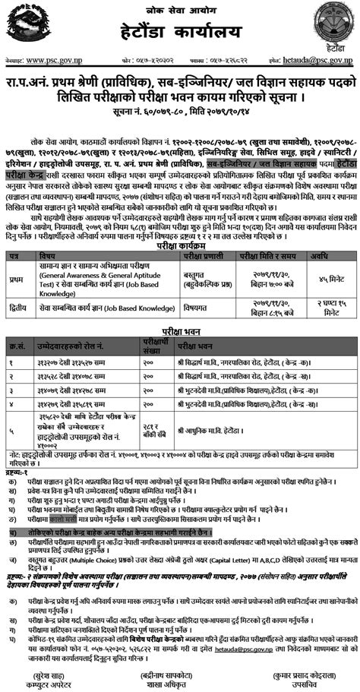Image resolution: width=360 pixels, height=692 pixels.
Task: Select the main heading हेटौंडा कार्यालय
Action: pyautogui.click(x=180, y=35)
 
